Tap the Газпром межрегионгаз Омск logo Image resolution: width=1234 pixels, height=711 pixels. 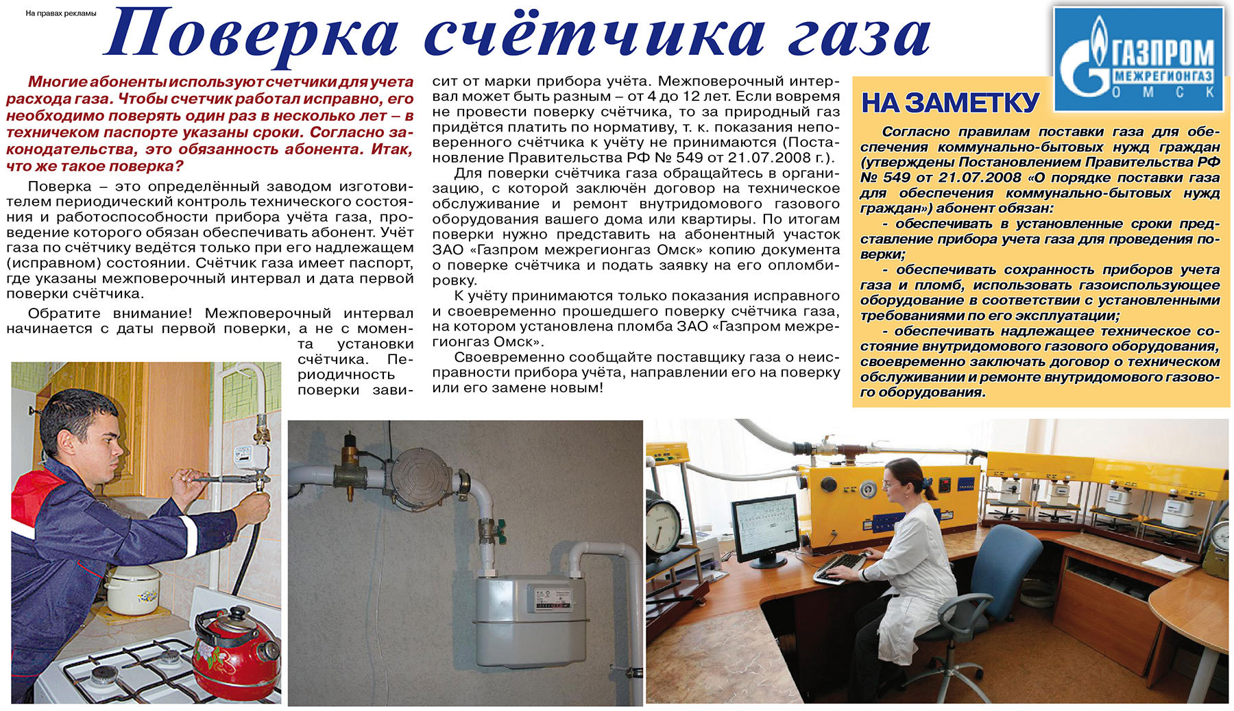(x=1139, y=59)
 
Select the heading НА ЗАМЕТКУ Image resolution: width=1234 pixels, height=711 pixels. (x=950, y=103)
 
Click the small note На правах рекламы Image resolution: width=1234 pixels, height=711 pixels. (x=60, y=13)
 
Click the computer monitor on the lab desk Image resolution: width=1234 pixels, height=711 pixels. (x=764, y=529)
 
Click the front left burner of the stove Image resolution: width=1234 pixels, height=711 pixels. (x=106, y=675)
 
